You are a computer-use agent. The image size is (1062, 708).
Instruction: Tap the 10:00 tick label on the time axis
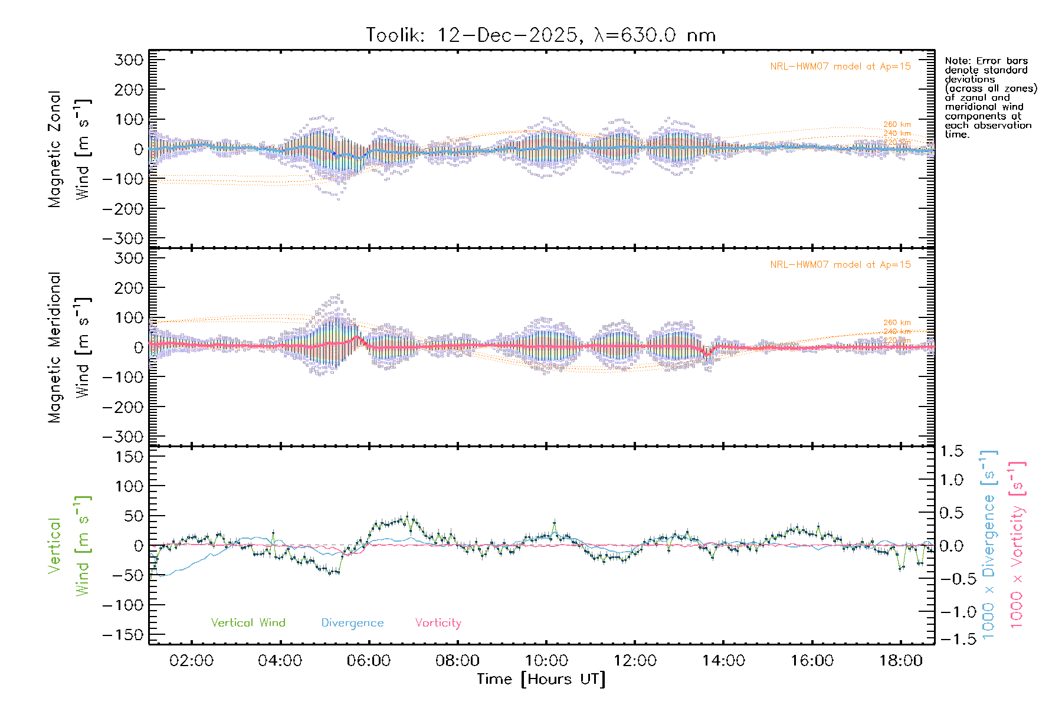[x=546, y=661]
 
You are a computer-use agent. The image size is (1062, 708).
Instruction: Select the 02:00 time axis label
[x=191, y=661]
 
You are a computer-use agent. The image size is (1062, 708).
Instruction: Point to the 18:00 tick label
[x=900, y=661]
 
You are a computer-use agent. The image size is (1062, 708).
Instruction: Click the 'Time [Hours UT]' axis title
[x=541, y=680]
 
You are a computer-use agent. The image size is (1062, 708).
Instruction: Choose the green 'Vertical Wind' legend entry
[x=248, y=623]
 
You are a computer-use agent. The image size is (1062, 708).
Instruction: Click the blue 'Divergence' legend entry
[x=352, y=623]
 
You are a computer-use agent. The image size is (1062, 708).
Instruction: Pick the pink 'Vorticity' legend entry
[x=438, y=623]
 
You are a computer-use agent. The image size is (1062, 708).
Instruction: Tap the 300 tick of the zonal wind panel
[x=129, y=60]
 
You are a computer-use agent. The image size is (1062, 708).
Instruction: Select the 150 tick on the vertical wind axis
[x=129, y=457]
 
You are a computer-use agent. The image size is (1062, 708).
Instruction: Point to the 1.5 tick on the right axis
[x=951, y=451]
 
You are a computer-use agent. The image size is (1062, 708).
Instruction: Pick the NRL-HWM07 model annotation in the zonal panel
[x=840, y=67]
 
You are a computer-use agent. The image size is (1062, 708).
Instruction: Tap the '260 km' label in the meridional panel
[x=897, y=323]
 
